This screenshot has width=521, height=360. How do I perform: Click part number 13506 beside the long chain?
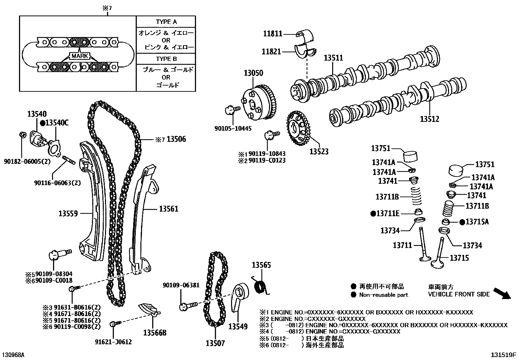pyautogui.click(x=176, y=139)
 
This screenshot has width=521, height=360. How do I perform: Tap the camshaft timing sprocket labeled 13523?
pyautogui.click(x=298, y=129)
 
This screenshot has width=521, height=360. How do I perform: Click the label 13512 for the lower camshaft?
pyautogui.click(x=429, y=119)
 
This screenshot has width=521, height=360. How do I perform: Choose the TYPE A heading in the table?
pyautogui.click(x=166, y=22)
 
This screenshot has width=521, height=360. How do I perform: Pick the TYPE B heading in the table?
pyautogui.click(x=166, y=59)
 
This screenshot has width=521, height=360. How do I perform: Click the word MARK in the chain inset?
pyautogui.click(x=80, y=56)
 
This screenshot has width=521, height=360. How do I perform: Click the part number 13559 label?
pyautogui.click(x=68, y=214)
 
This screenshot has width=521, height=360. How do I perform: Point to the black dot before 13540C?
pyautogui.click(x=43, y=123)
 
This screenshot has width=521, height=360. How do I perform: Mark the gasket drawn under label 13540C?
pyautogui.click(x=54, y=148)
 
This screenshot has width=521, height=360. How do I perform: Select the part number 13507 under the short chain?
pyautogui.click(x=215, y=343)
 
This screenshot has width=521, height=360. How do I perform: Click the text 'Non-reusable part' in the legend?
pyautogui.click(x=384, y=295)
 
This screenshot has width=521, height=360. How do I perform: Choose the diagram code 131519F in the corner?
pyautogui.click(x=503, y=355)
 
